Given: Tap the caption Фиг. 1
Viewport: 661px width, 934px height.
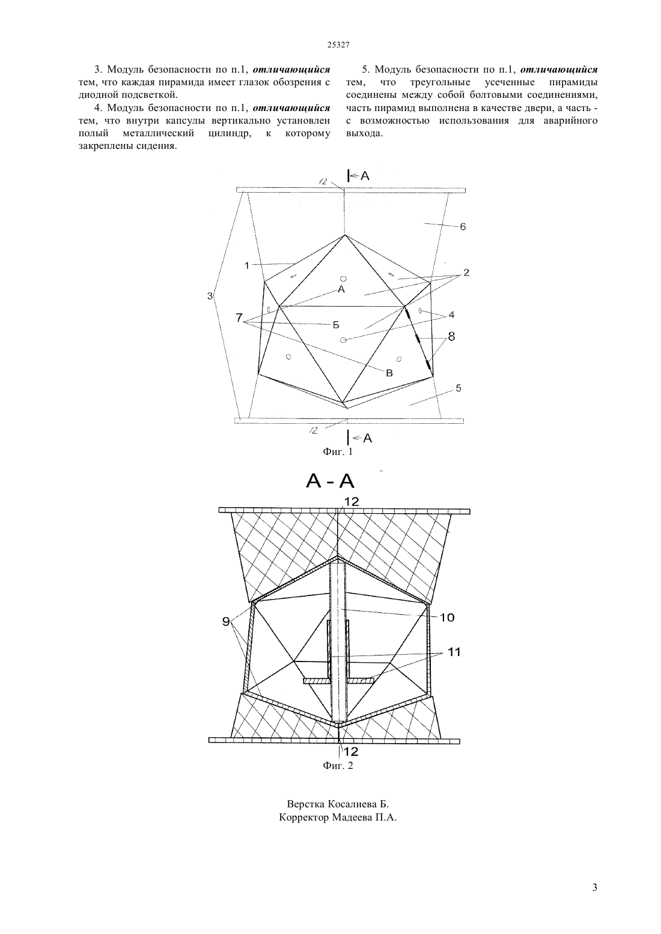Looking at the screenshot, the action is click(x=338, y=451).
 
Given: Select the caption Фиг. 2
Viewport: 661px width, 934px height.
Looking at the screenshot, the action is click(x=338, y=765).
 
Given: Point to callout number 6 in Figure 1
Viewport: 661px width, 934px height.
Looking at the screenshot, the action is click(x=463, y=227).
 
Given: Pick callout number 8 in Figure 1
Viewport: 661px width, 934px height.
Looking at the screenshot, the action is click(x=451, y=336).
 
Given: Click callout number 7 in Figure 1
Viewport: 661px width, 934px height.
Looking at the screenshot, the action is click(x=239, y=318).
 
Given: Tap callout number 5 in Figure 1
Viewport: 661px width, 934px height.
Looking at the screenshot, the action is click(x=458, y=388).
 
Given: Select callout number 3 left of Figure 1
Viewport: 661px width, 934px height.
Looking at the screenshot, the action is click(x=210, y=296).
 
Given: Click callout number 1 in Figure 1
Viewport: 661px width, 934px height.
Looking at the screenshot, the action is click(x=247, y=265).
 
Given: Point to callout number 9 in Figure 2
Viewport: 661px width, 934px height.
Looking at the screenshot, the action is click(x=226, y=622).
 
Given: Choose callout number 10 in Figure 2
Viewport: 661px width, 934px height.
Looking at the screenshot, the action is click(x=447, y=618).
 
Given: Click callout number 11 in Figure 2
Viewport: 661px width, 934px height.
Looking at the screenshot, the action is click(x=454, y=652).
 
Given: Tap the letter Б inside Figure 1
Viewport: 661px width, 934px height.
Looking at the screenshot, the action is click(x=336, y=325).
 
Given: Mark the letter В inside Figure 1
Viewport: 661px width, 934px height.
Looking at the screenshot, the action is click(x=389, y=373).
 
